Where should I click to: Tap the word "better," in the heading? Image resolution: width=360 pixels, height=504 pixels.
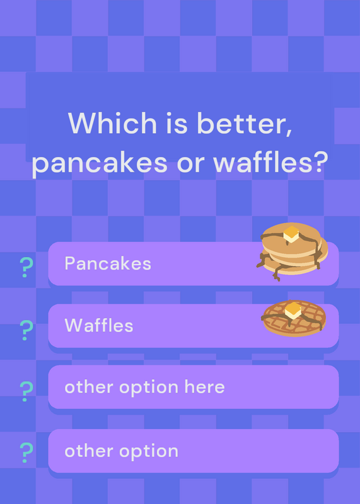tap(245, 123)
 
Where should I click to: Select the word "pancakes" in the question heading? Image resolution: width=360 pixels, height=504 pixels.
tap(100, 163)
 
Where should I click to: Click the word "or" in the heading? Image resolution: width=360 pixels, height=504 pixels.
tap(191, 163)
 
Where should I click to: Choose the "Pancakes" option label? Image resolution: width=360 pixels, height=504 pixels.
tap(108, 263)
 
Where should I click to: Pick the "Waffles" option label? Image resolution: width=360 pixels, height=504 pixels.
tap(99, 325)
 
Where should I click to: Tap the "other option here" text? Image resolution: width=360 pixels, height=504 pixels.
tap(144, 387)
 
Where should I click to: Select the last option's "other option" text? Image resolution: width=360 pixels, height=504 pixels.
tap(121, 451)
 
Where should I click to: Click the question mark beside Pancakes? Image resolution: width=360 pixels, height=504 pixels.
tap(26, 267)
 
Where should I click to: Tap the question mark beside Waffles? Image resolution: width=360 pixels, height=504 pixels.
tap(26, 330)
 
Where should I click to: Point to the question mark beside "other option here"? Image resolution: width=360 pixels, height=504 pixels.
tap(26, 391)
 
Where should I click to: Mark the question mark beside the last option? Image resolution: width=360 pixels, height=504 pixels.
tap(26, 453)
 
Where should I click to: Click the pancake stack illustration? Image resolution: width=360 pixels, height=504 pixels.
tap(292, 251)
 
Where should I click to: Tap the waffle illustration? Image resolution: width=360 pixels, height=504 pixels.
tap(294, 318)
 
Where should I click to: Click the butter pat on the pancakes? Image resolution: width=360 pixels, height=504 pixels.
tap(291, 234)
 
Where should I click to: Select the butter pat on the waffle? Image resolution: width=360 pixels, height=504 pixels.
tap(293, 311)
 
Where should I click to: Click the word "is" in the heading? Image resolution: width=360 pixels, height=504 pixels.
tap(177, 123)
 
